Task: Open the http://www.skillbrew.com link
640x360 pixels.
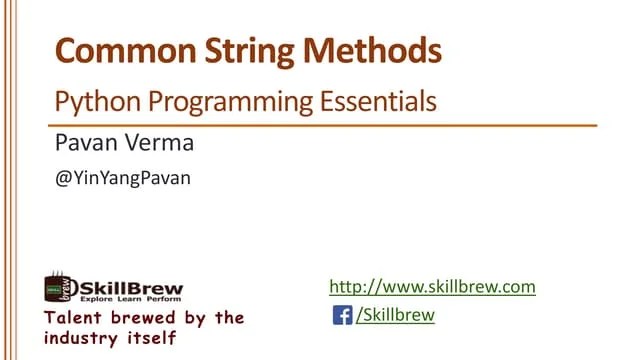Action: pyautogui.click(x=432, y=287)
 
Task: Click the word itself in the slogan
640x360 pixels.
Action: pyautogui.click(x=154, y=338)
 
